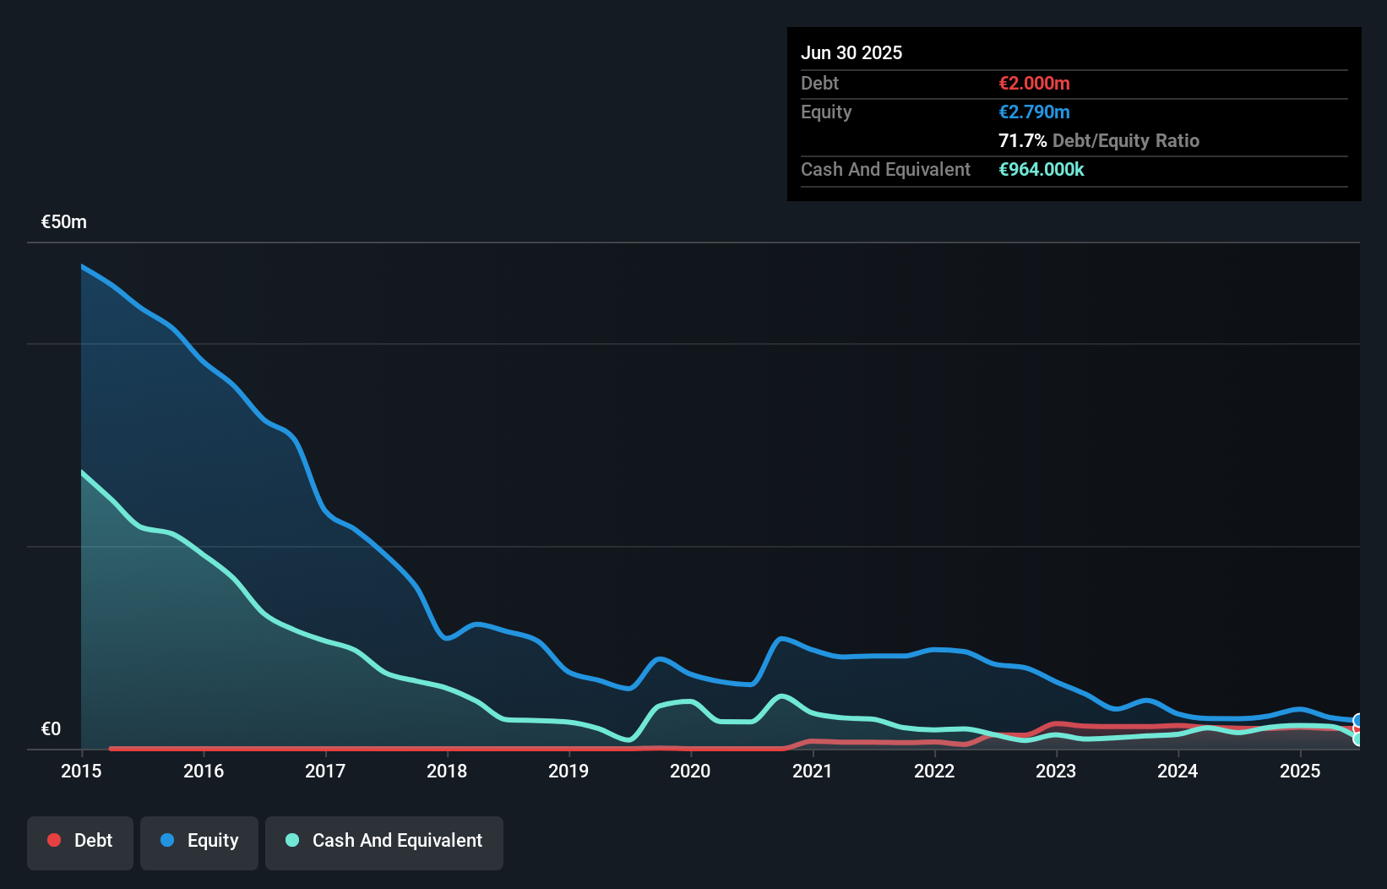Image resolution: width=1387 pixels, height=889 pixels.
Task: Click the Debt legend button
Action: [x=79, y=842]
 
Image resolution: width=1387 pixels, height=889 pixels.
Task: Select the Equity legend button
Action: [x=199, y=842]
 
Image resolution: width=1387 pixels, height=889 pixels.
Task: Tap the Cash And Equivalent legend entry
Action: [x=384, y=842]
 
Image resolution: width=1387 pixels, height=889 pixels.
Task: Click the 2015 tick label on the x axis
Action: [x=81, y=771]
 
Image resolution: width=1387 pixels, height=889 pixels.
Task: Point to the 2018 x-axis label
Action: [x=447, y=771]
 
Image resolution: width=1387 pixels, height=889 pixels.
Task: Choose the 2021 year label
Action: [x=812, y=771]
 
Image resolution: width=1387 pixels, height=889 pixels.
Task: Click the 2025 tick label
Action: [x=1300, y=771]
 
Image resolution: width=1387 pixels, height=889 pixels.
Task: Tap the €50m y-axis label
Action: [x=64, y=222]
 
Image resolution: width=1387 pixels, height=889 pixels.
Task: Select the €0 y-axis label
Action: [x=51, y=729]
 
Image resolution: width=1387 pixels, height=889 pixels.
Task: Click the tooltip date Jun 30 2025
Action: [x=851, y=53]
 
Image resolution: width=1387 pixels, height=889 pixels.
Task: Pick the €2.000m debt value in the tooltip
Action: [x=1034, y=84]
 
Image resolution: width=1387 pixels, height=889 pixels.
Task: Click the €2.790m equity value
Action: [x=1034, y=112]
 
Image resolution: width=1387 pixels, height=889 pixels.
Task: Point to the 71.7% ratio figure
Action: [x=1022, y=141]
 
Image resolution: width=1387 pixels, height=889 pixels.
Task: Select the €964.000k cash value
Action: [x=1042, y=170]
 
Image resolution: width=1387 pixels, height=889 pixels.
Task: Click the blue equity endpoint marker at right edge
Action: [x=1358, y=721]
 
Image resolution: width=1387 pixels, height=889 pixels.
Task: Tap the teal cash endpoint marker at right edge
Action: [x=1358, y=739]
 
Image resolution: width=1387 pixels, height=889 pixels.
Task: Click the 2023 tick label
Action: [x=1056, y=771]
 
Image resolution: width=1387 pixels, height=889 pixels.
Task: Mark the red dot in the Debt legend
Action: [x=54, y=840]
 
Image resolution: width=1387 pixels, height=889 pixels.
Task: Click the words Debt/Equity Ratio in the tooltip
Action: [x=1126, y=141]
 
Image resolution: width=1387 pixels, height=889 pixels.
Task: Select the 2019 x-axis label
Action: [x=568, y=771]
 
